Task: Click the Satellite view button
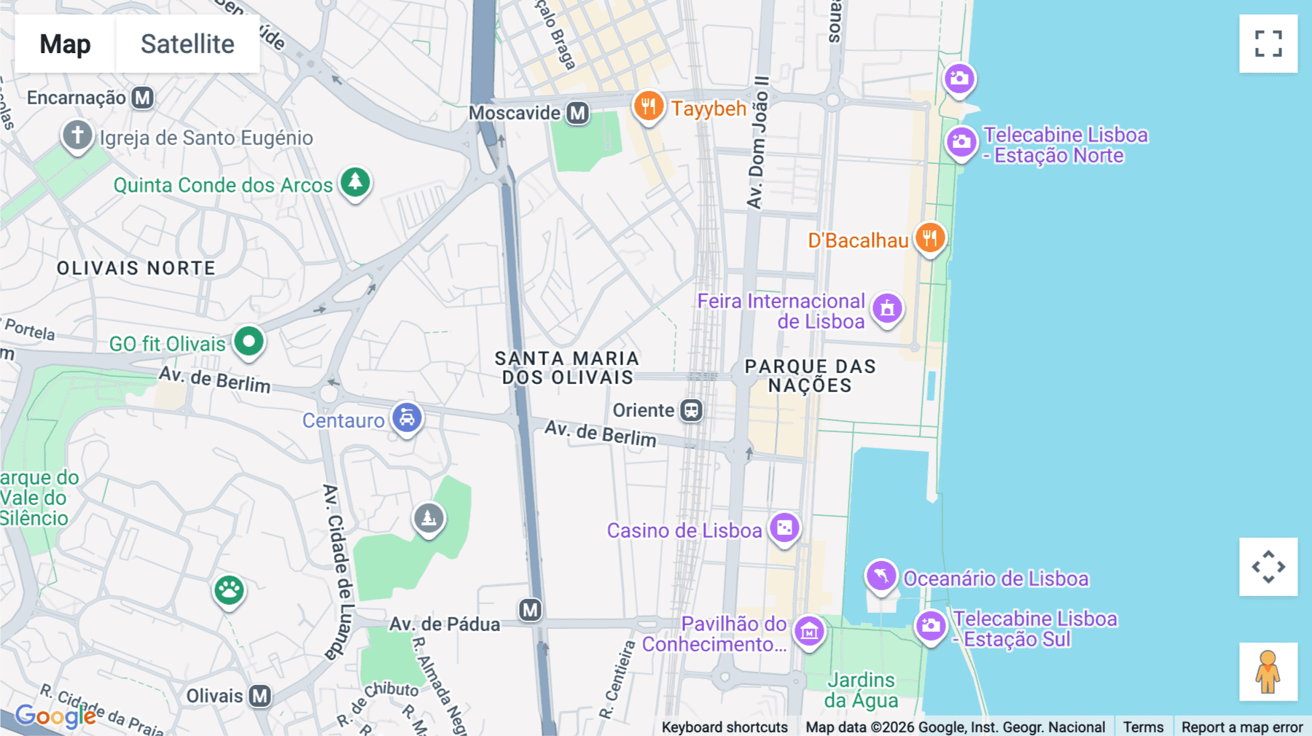pos(187,44)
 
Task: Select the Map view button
pos(65,44)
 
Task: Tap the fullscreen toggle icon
pos(1268,44)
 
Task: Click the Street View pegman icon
pos(1268,671)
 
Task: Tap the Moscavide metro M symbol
pos(578,113)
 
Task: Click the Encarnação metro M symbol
pos(143,97)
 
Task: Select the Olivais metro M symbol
pos(260,696)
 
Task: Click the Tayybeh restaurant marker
pos(647,106)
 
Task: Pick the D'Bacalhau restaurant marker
pos(930,238)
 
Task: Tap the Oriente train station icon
pos(691,410)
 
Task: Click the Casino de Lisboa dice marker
pos(784,528)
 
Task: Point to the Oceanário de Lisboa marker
pos(880,576)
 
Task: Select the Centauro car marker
pos(407,418)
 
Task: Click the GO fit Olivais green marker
pos(249,341)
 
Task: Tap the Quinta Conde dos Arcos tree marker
pos(355,182)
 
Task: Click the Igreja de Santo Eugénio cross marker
pos(77,135)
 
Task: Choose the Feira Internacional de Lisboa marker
pos(887,308)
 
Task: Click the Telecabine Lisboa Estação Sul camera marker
pos(930,625)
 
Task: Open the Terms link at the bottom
pos(1143,727)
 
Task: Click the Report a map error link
pos(1241,727)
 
